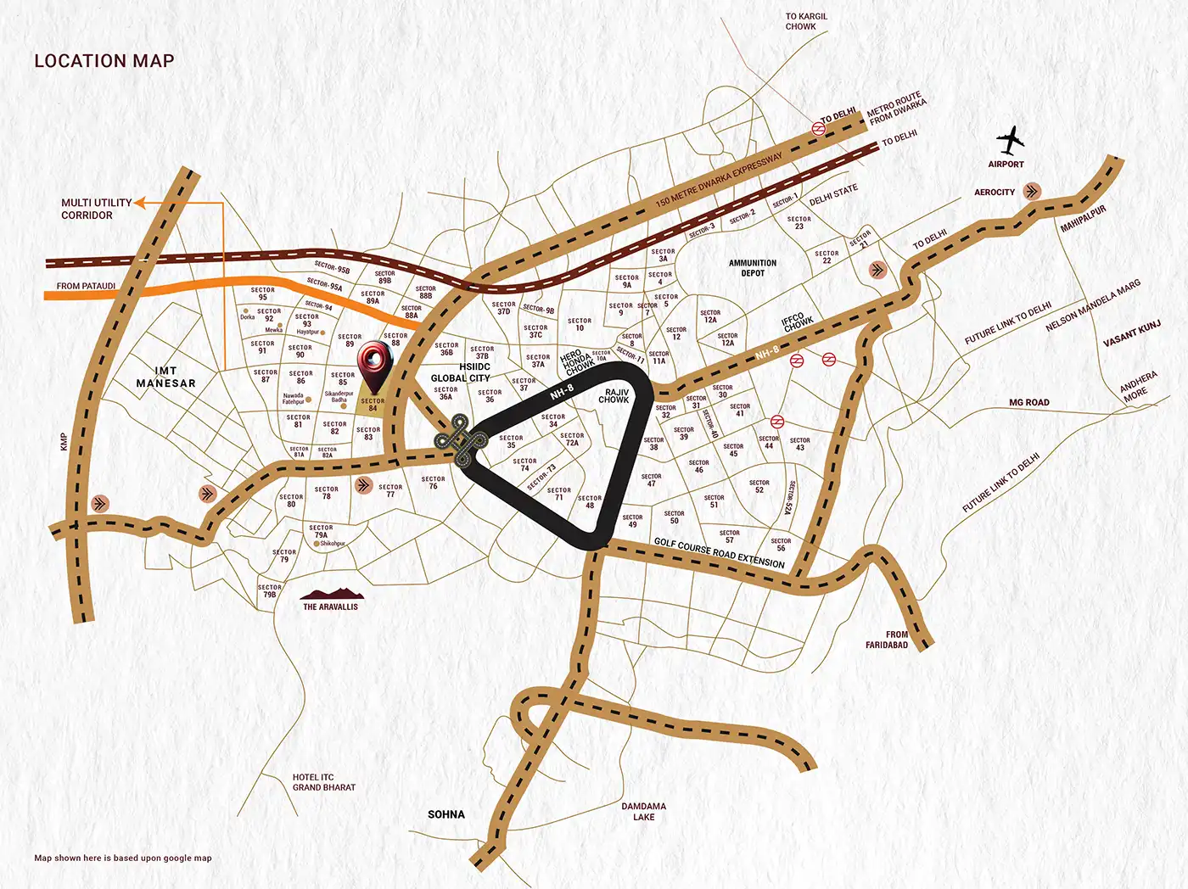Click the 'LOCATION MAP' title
pyautogui.click(x=104, y=61)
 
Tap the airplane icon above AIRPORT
pyautogui.click(x=1009, y=140)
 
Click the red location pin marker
pyautogui.click(x=374, y=366)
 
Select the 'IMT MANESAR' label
pyautogui.click(x=165, y=377)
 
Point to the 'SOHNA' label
pyautogui.click(x=446, y=814)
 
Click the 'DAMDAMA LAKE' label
pyautogui.click(x=643, y=812)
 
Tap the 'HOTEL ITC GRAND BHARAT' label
pyautogui.click(x=323, y=782)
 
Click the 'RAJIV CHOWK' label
pyautogui.click(x=614, y=396)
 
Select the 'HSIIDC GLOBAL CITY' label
pyautogui.click(x=461, y=372)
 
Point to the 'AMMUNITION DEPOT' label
pyautogui.click(x=753, y=268)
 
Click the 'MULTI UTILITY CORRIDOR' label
pyautogui.click(x=96, y=209)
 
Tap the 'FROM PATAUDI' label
pyautogui.click(x=86, y=286)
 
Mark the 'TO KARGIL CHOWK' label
pyautogui.click(x=805, y=21)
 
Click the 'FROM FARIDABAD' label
pyautogui.click(x=887, y=640)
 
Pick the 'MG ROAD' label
pyautogui.click(x=1028, y=403)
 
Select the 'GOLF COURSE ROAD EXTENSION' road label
pyautogui.click(x=720, y=553)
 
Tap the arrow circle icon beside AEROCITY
pyautogui.click(x=1032, y=191)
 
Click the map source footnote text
pyautogui.click(x=123, y=858)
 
